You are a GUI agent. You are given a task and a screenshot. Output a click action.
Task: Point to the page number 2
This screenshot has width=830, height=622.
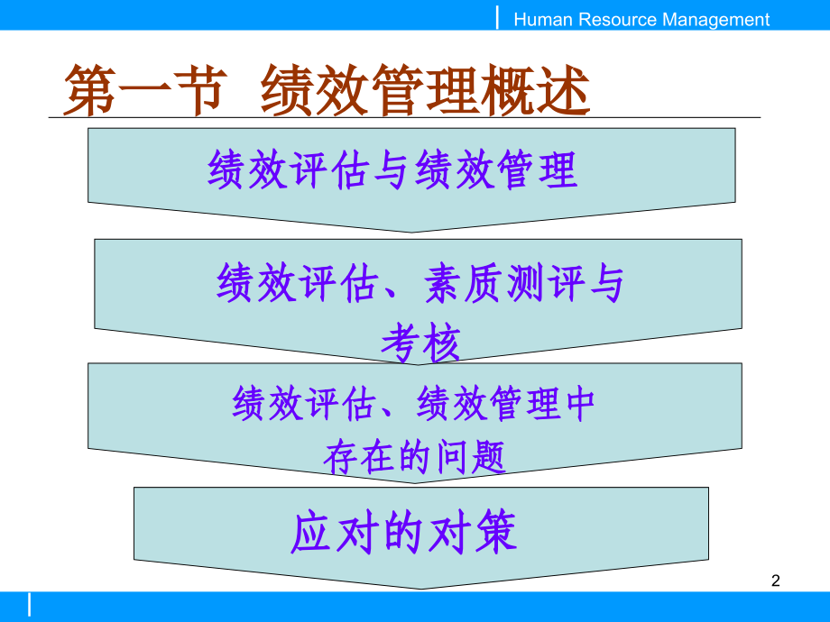pos(775,581)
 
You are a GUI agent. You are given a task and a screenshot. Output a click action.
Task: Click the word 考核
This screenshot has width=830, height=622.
pos(420,343)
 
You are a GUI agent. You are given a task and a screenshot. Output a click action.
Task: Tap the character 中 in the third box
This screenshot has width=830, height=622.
pos(577,404)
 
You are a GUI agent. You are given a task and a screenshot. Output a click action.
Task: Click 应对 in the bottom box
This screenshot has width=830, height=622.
pos(328,534)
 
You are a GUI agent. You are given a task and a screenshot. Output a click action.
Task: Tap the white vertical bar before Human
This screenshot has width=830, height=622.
pos(498,17)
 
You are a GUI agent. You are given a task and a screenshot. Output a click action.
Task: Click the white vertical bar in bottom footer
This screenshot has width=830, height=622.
pos(29,604)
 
